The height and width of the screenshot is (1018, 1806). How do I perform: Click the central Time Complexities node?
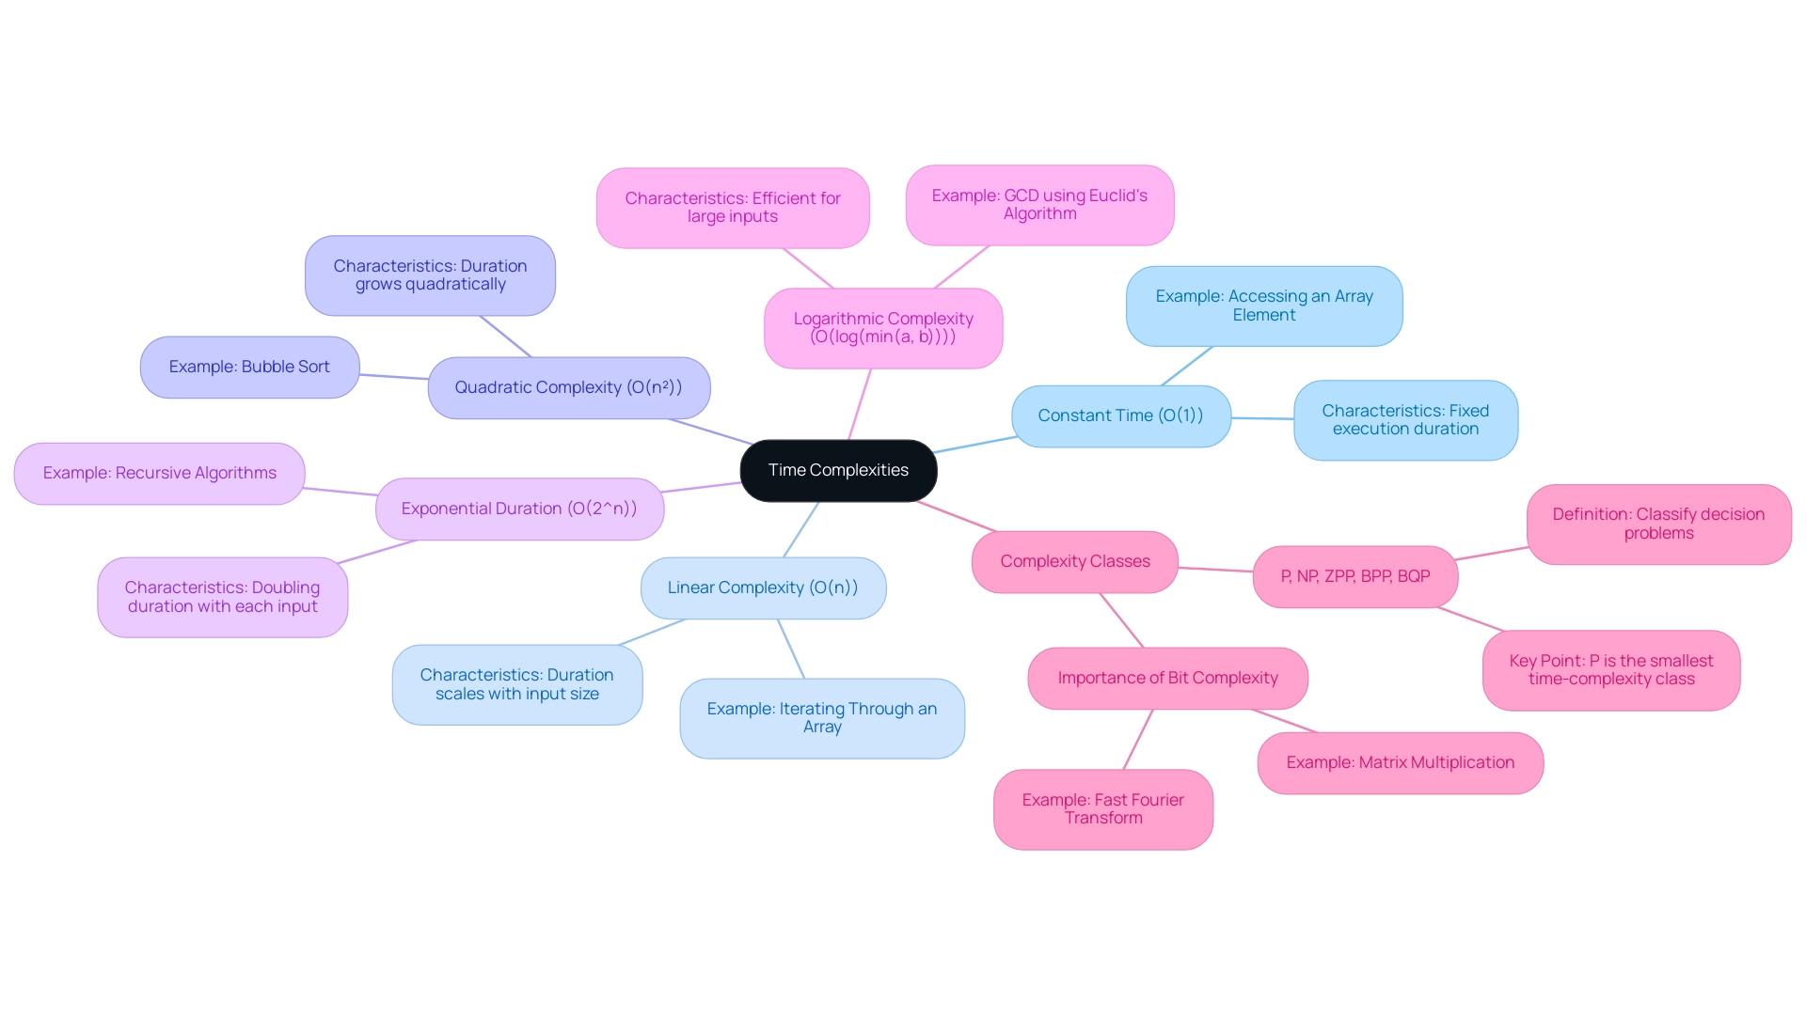[838, 470]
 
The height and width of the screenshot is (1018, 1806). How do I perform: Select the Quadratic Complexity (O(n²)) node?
[568, 387]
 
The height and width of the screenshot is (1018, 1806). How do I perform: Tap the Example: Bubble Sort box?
[249, 367]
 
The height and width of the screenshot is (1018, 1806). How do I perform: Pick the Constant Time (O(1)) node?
[1120, 415]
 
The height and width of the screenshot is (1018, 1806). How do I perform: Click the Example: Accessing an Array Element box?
[1263, 305]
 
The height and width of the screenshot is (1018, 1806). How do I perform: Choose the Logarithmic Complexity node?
[882, 328]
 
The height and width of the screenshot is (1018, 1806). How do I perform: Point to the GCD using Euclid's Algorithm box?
[1039, 205]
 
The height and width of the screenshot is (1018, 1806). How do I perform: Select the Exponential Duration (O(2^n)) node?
[519, 509]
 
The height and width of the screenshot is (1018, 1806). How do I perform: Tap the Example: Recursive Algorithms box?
[159, 473]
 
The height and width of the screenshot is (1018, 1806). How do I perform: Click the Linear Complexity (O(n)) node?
[763, 587]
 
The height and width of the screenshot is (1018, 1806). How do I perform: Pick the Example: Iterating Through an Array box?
[821, 718]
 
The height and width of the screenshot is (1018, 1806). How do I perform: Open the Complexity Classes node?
[1074, 561]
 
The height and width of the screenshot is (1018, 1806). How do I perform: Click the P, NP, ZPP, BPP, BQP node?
[1354, 576]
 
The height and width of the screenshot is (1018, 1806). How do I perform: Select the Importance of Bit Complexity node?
[1167, 678]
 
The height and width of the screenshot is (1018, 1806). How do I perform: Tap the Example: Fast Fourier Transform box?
[1102, 809]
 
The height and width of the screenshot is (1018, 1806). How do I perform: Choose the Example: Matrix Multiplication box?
[1400, 762]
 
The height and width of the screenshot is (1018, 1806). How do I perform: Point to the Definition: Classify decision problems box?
[1657, 524]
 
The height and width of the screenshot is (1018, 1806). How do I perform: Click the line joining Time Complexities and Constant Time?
[974, 445]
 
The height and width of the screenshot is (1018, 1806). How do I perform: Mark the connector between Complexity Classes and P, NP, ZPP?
[1215, 570]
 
